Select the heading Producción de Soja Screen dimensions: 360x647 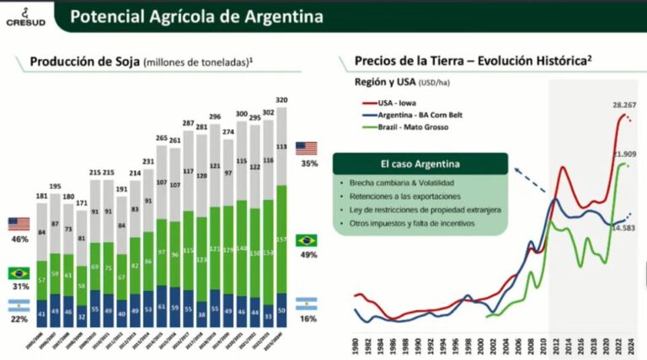84,62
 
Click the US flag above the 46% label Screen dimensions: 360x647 19,223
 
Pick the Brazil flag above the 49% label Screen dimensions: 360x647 307,240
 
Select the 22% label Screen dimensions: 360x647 19,321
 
